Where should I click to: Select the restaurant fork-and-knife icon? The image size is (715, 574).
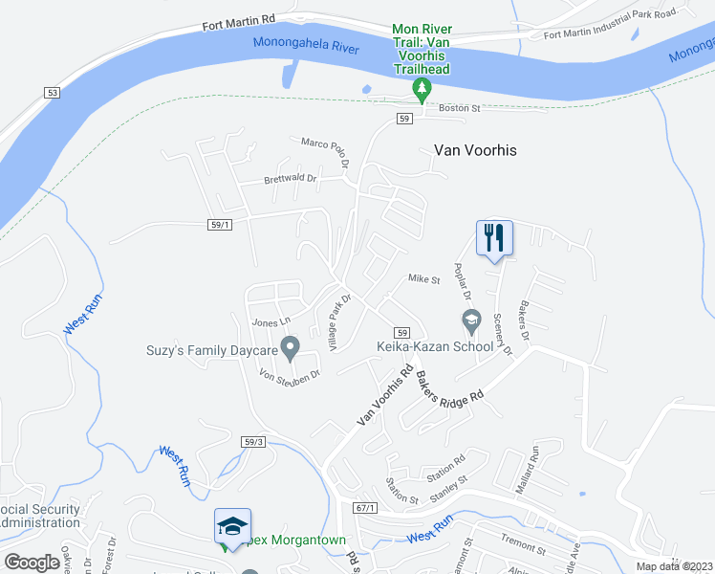tap(495, 237)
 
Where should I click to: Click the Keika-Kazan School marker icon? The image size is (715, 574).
tap(469, 319)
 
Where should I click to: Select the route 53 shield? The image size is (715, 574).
tap(52, 91)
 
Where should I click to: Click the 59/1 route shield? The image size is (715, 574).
tap(220, 225)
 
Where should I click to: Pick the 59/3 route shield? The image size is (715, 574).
tap(252, 442)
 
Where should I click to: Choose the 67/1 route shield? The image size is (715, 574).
tap(363, 507)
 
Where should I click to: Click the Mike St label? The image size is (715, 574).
tap(423, 279)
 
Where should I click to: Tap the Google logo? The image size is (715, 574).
tap(32, 562)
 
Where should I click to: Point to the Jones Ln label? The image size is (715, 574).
tap(271, 322)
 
